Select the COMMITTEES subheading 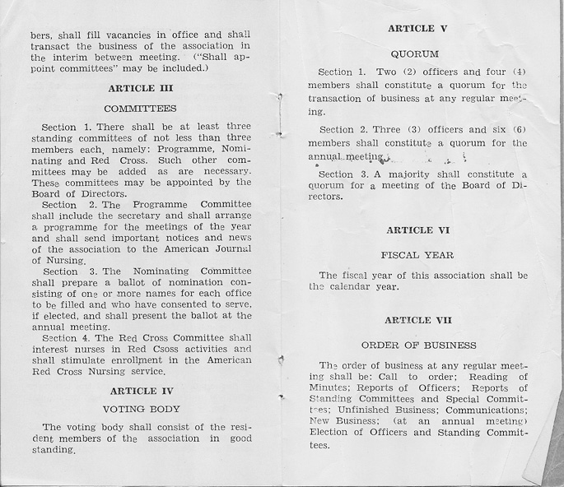(x=140, y=108)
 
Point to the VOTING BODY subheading (x=140, y=408)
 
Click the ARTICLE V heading (x=417, y=29)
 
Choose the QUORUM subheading (x=417, y=53)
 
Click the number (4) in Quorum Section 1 (x=519, y=72)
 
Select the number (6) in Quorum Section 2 (x=519, y=130)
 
